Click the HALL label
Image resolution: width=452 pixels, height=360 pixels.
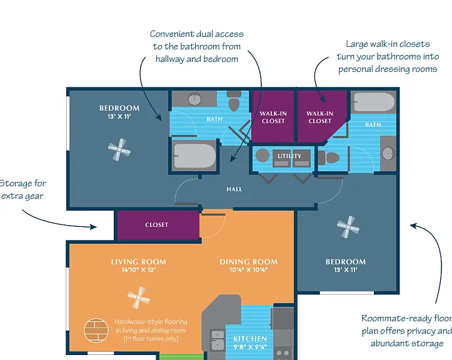(x=234, y=189)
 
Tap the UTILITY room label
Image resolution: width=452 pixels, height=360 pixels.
(x=289, y=156)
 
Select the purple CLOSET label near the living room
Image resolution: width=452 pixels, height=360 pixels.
(x=156, y=224)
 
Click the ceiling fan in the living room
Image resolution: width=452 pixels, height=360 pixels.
(x=139, y=297)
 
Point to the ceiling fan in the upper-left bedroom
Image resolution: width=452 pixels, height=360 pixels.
(x=119, y=149)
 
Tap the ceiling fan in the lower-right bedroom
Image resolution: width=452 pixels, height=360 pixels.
(x=348, y=227)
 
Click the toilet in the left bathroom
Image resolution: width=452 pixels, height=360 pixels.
(x=234, y=101)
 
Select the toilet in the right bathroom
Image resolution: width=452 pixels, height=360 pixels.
(x=329, y=157)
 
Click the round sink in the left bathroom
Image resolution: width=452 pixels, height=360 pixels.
(x=195, y=99)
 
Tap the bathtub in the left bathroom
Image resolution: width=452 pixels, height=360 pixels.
(x=194, y=156)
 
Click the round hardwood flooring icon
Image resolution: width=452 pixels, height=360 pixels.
(x=96, y=330)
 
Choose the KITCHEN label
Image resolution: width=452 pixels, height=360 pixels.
(x=250, y=338)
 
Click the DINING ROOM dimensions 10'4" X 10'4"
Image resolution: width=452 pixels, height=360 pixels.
(x=248, y=270)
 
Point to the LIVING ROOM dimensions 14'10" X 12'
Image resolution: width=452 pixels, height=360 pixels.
(x=139, y=270)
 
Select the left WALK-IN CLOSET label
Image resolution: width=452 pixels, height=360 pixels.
(x=273, y=117)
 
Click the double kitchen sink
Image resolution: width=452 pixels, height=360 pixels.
(x=217, y=340)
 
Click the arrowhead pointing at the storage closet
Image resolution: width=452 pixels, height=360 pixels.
(x=93, y=227)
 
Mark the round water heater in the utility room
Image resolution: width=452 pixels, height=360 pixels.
(x=263, y=156)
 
